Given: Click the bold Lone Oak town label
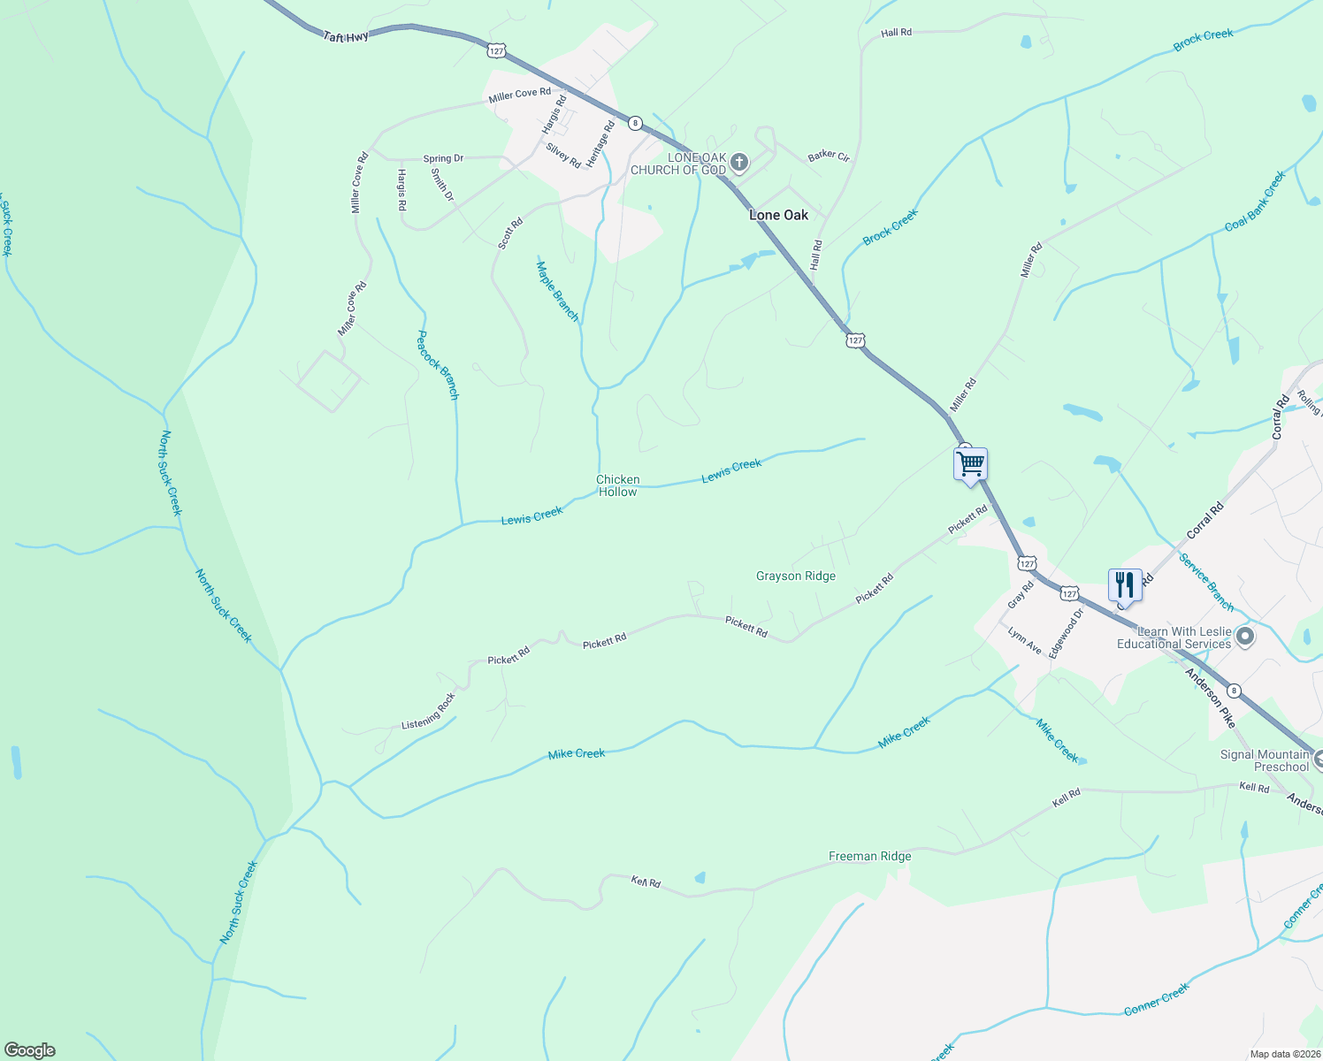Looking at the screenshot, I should click(778, 215).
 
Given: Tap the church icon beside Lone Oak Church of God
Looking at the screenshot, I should click(740, 162).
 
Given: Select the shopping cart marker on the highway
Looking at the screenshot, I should click(970, 463).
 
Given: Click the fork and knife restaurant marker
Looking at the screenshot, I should click(1124, 584).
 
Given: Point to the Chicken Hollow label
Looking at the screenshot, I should click(617, 485).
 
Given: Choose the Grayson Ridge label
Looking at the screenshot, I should click(795, 576).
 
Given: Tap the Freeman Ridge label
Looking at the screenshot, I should click(869, 856).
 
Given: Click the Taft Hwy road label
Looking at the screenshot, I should click(346, 37).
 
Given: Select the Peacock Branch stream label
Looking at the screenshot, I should click(438, 364).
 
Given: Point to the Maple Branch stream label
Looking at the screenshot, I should click(557, 291).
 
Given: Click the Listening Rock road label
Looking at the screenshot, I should click(429, 711).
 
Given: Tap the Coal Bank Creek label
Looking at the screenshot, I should click(1254, 202).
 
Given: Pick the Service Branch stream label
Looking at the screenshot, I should click(1205, 582).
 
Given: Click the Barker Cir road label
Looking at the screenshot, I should click(829, 156).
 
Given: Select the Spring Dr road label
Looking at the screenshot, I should click(443, 159).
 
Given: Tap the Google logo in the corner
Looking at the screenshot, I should click(30, 1050).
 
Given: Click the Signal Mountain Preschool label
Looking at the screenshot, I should click(1265, 760).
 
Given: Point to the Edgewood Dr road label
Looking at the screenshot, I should click(1065, 634).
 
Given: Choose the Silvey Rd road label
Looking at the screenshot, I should click(563, 156).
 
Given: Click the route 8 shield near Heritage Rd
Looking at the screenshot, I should click(635, 122).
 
